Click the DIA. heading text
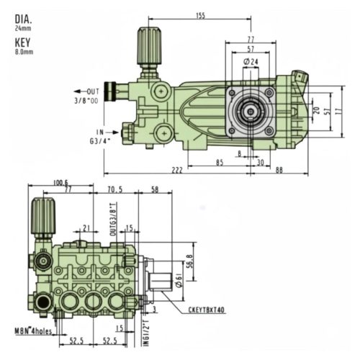coord(23,19)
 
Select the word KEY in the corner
coord(23,41)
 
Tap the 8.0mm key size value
coord(24,51)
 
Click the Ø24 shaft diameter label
coord(251,63)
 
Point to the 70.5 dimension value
coord(115,190)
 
